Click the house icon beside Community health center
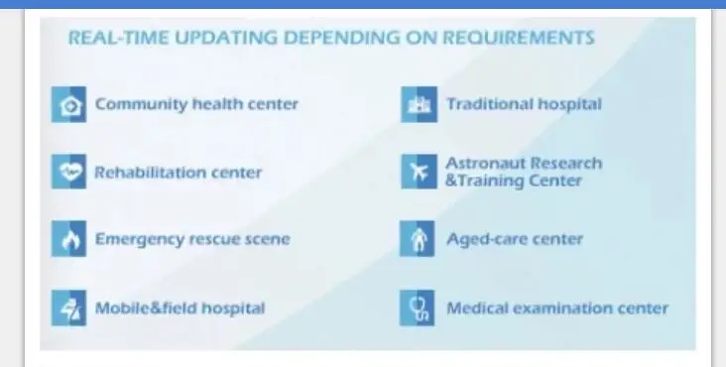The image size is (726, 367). pyautogui.click(x=68, y=104)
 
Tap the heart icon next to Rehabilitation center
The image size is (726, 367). pyautogui.click(x=68, y=172)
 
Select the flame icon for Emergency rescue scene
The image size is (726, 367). pyautogui.click(x=68, y=239)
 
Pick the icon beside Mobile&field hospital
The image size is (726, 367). pyautogui.click(x=68, y=308)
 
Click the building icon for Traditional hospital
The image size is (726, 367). pyautogui.click(x=419, y=104)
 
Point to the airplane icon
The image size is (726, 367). pyautogui.click(x=419, y=172)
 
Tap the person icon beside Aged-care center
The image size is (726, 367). pyautogui.click(x=418, y=239)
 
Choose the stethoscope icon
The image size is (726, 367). pyautogui.click(x=418, y=308)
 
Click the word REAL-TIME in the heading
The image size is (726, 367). pyautogui.click(x=119, y=38)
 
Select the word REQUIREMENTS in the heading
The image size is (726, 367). pyautogui.click(x=519, y=38)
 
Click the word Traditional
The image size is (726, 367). pyautogui.click(x=489, y=104)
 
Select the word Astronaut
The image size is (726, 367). pyautogui.click(x=485, y=164)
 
